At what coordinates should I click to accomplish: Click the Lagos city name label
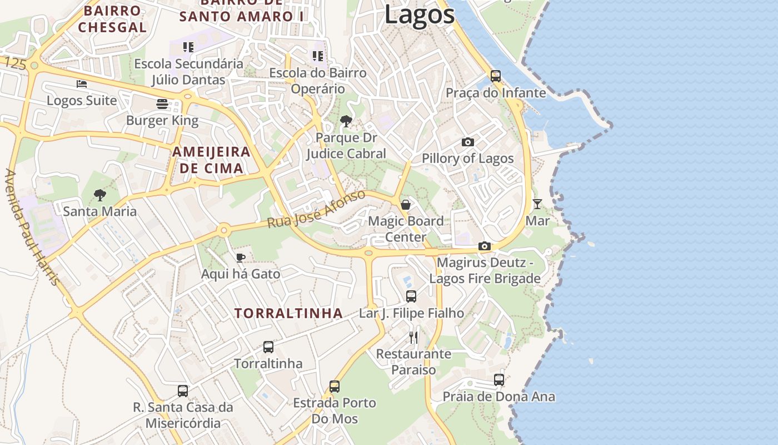coord(420,14)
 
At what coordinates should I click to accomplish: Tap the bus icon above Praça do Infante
coord(496,76)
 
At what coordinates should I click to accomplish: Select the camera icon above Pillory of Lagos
coord(468,142)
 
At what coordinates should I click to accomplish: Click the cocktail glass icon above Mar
coord(537,204)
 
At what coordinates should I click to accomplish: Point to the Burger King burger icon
coord(162,104)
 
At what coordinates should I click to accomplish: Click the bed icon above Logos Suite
coord(82,84)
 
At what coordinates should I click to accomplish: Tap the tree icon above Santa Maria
coord(100,195)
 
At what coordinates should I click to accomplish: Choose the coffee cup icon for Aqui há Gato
coord(240,257)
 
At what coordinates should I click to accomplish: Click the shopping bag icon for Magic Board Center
coord(406,205)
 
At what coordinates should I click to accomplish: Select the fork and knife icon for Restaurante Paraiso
coord(413,337)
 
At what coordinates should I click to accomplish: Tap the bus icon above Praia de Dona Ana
coord(499,380)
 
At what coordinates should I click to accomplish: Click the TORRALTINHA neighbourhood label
coord(288,313)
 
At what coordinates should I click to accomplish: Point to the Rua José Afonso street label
coord(316,209)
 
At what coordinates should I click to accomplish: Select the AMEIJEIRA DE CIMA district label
coord(211,160)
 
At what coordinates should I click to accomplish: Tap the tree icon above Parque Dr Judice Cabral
coord(346,121)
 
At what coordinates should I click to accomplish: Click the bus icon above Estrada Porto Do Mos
coord(335,386)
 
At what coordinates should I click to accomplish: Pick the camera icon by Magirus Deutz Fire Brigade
coord(485,246)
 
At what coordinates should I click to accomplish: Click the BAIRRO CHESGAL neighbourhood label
coord(112,19)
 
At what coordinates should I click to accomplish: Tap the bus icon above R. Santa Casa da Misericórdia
coord(183,390)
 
